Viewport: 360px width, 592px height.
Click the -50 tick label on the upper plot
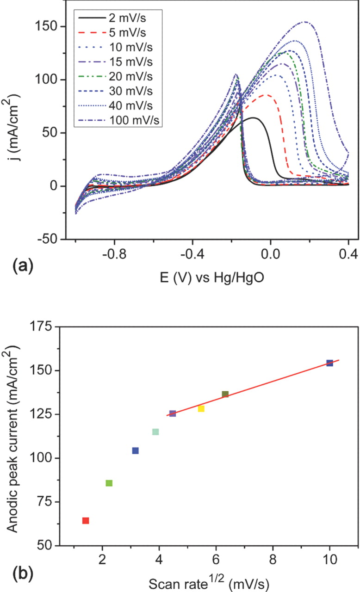(51, 239)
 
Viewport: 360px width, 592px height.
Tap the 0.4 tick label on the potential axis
(348, 254)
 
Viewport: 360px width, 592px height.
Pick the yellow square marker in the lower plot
(201, 408)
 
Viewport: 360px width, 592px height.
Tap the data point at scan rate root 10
(329, 363)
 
